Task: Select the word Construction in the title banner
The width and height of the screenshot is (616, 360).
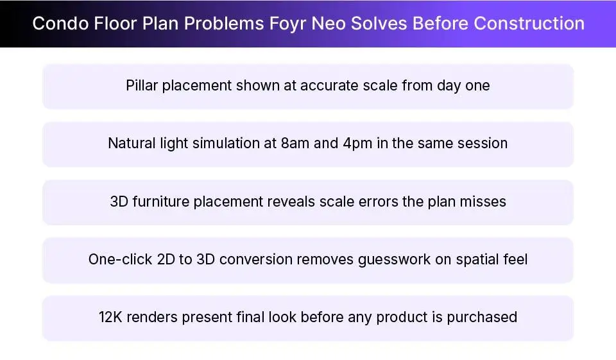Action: tap(529, 24)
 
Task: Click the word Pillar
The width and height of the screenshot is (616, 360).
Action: tap(142, 85)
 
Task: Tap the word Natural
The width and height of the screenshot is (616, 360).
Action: tap(132, 143)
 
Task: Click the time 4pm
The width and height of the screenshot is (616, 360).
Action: tap(358, 143)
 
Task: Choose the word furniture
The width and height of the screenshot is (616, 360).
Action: tap(163, 201)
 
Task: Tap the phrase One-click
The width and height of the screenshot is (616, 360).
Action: tap(120, 259)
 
